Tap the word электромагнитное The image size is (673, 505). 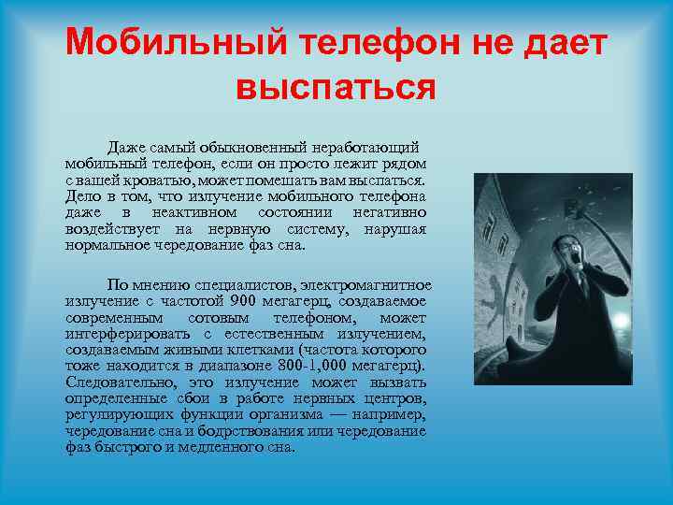(364, 284)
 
